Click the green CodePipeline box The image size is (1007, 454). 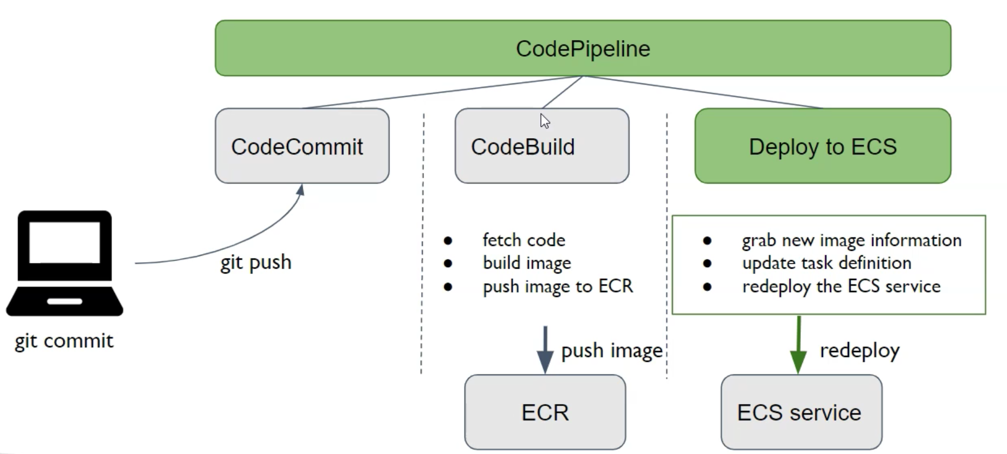(583, 48)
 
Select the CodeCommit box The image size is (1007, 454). (302, 146)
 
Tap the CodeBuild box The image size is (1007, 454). (541, 146)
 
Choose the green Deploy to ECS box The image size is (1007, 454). (822, 146)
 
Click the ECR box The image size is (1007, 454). (545, 412)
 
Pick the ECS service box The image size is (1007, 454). (801, 412)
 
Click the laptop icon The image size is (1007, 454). (64, 263)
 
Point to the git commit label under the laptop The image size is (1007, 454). (64, 341)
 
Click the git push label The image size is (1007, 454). (256, 262)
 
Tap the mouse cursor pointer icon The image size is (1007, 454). (544, 121)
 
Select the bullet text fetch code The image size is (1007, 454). (524, 239)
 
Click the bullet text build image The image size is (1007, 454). (527, 263)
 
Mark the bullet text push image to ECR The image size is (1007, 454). (558, 286)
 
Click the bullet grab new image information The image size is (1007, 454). (851, 239)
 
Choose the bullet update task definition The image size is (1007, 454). (826, 263)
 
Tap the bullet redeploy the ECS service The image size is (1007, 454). (841, 286)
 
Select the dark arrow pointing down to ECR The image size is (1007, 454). (545, 349)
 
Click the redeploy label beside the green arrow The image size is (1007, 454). (859, 351)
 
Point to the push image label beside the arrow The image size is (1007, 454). (612, 351)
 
